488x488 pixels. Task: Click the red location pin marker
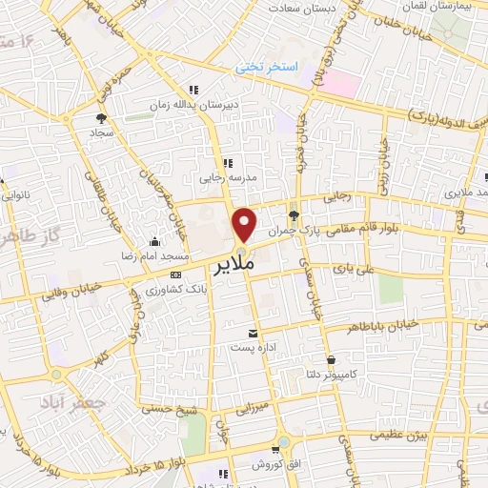(245, 224)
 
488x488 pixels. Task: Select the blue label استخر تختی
(268, 68)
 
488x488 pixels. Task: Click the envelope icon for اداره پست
(253, 333)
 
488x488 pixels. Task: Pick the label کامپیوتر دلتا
(327, 374)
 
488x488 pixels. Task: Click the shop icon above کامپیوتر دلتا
(330, 359)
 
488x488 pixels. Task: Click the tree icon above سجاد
(101, 118)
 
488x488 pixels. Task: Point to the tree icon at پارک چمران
(295, 214)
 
